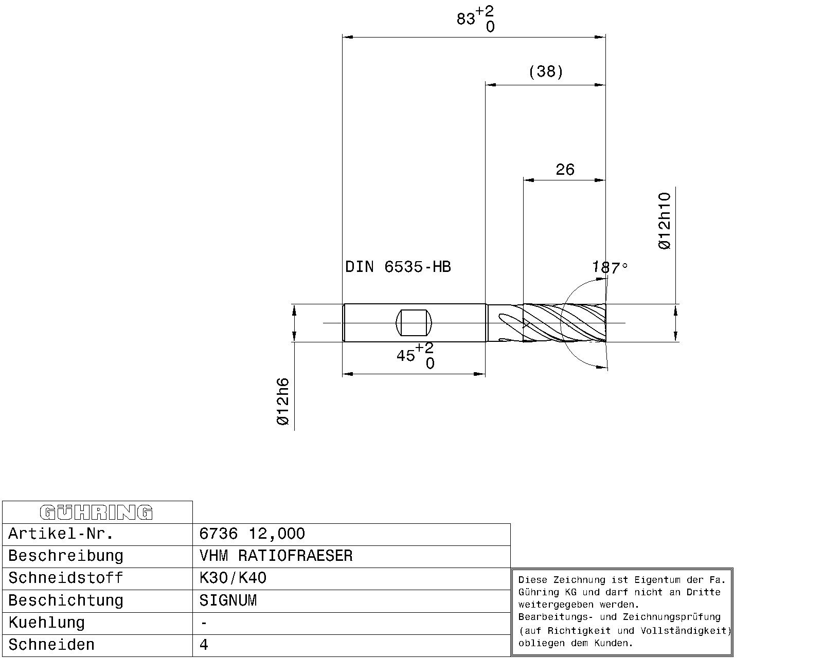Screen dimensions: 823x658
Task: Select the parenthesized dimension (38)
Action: pos(546,71)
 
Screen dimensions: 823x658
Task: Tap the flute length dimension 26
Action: pos(565,169)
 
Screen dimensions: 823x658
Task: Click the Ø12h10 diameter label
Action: pos(665,221)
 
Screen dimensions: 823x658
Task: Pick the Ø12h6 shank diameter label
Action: pos(283,401)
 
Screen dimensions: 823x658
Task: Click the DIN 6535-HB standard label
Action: pos(398,266)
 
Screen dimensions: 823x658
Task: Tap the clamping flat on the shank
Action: pos(414,323)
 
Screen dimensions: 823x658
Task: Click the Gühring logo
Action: pos(96,513)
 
